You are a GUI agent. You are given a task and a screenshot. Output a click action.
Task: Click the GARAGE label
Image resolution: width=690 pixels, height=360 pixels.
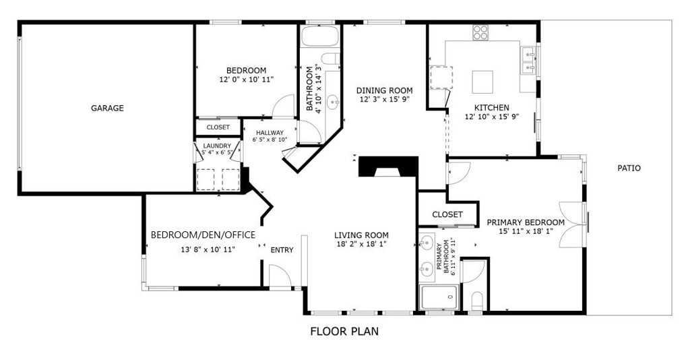click(x=107, y=109)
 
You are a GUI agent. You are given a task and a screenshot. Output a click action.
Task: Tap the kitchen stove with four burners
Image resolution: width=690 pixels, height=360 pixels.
click(x=480, y=32)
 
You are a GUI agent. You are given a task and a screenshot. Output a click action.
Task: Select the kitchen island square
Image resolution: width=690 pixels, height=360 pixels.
click(x=482, y=82)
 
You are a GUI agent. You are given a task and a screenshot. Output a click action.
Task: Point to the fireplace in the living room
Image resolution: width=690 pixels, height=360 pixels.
click(x=387, y=167)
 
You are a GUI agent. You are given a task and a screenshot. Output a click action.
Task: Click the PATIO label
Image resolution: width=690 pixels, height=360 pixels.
click(x=629, y=168)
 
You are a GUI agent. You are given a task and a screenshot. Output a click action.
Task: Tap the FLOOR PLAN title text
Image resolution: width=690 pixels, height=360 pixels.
click(x=344, y=332)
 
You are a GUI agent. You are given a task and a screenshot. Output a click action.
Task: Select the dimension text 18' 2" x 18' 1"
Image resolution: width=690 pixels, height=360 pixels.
click(x=361, y=244)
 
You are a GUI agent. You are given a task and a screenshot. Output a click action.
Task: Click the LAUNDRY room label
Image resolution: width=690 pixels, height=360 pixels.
click(x=217, y=146)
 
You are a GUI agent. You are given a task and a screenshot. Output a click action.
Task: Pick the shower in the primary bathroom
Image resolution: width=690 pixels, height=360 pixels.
click(x=439, y=297)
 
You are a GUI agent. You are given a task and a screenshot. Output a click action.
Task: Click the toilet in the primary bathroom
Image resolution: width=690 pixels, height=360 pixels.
click(x=477, y=301)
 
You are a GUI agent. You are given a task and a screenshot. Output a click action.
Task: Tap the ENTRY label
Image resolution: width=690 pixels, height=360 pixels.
click(x=282, y=250)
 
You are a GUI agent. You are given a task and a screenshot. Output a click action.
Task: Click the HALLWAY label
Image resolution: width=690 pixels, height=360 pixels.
click(x=270, y=132)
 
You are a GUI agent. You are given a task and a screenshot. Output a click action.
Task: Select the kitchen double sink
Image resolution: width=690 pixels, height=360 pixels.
click(x=528, y=61)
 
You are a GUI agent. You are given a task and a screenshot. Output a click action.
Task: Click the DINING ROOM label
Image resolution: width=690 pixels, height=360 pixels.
click(x=385, y=90)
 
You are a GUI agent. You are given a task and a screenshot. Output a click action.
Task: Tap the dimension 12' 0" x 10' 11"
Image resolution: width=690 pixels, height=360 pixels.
click(x=247, y=80)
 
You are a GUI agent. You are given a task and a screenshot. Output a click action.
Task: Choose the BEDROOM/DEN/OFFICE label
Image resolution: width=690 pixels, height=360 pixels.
click(x=203, y=235)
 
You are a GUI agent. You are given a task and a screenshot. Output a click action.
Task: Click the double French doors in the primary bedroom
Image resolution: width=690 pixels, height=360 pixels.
click(x=574, y=224)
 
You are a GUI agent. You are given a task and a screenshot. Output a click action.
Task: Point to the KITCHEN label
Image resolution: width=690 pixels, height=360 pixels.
click(x=491, y=107)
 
